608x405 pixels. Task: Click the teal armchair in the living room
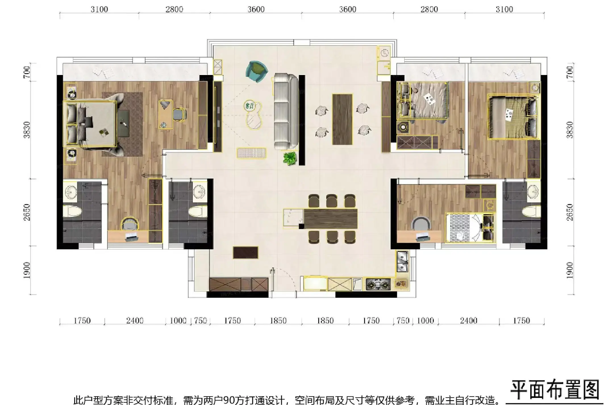pyautogui.click(x=256, y=71)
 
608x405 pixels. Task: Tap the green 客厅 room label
pyautogui.click(x=250, y=106)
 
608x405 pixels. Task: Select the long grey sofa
pyautogui.click(x=286, y=112)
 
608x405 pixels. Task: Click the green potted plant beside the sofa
pyautogui.click(x=290, y=158)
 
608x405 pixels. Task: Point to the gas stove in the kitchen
pyautogui.click(x=378, y=284)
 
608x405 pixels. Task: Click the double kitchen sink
pyautogui.click(x=402, y=261)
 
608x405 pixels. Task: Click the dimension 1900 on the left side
pyautogui.click(x=26, y=270)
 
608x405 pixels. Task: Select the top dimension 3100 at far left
pyautogui.click(x=99, y=9)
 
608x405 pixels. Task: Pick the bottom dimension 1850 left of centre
pyautogui.click(x=278, y=321)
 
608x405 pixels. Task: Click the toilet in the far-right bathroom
pyautogui.click(x=531, y=212)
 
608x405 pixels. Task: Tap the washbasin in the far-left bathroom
pyautogui.click(x=70, y=192)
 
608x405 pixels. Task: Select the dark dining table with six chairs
pyautogui.click(x=330, y=219)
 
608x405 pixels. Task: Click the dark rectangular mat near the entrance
pyautogui.click(x=245, y=252)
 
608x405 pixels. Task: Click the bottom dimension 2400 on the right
pyautogui.click(x=469, y=321)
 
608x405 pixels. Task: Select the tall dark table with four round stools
pyautogui.click(x=342, y=119)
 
